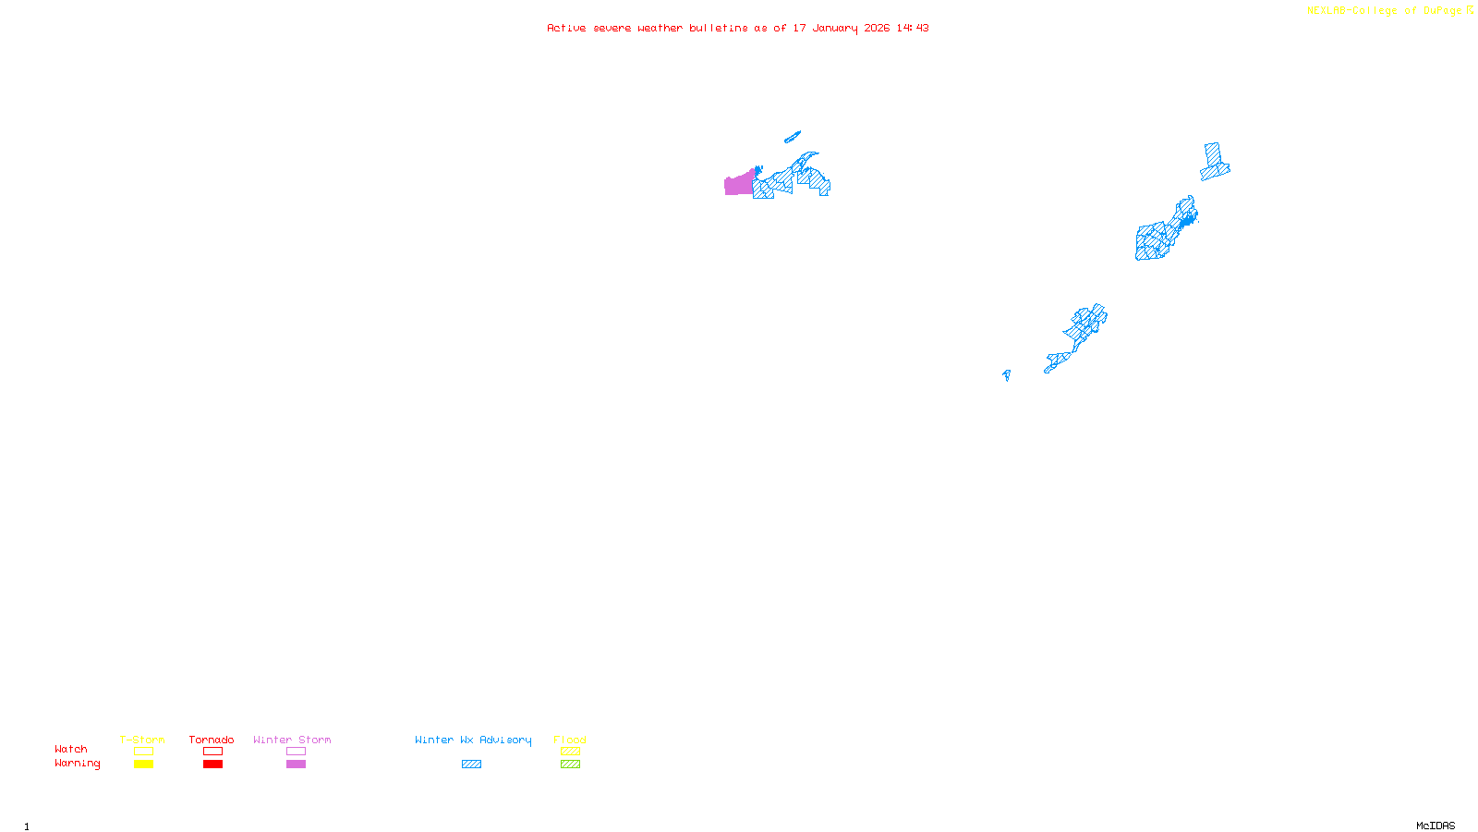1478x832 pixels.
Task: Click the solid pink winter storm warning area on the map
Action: [738, 185]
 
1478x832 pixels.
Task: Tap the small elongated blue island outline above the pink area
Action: [792, 138]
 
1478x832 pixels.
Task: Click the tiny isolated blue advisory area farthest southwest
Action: [1006, 374]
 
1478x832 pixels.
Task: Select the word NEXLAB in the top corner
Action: [1327, 11]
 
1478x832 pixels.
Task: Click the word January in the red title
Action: [835, 28]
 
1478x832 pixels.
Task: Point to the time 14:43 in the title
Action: [912, 28]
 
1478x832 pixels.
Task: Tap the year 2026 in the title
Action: [877, 28]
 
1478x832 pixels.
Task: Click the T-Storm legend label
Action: [142, 740]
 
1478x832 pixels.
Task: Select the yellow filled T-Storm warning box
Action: [143, 765]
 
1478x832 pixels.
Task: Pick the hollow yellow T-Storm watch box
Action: [143, 752]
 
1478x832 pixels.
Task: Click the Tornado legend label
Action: [212, 740]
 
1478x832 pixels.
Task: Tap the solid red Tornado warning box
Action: [212, 765]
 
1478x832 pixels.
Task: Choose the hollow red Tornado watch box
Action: [212, 752]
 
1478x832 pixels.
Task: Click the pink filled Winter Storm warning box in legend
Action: [296, 765]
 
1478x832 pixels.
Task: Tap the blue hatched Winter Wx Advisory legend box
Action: [471, 765]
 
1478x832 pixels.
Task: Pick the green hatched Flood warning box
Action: [570, 765]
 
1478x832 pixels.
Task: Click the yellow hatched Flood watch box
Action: [570, 752]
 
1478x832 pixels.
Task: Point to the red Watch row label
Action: [71, 749]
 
